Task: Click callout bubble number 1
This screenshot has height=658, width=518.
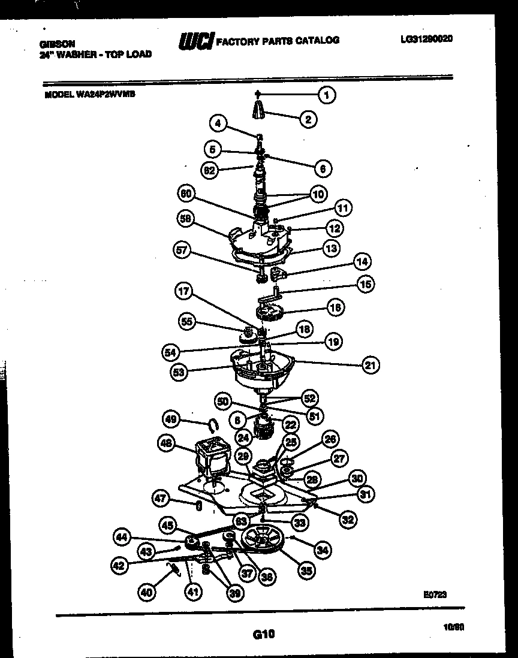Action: pyautogui.click(x=327, y=95)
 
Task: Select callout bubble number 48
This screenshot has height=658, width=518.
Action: pyautogui.click(x=166, y=444)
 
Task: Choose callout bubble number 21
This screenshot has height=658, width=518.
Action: pyautogui.click(x=371, y=364)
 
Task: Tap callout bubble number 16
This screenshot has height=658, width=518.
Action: pyautogui.click(x=335, y=307)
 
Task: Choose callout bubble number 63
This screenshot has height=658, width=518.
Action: pyautogui.click(x=242, y=521)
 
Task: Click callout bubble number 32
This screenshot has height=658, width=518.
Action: pyautogui.click(x=348, y=520)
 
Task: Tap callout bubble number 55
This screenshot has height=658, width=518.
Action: pyautogui.click(x=188, y=322)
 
